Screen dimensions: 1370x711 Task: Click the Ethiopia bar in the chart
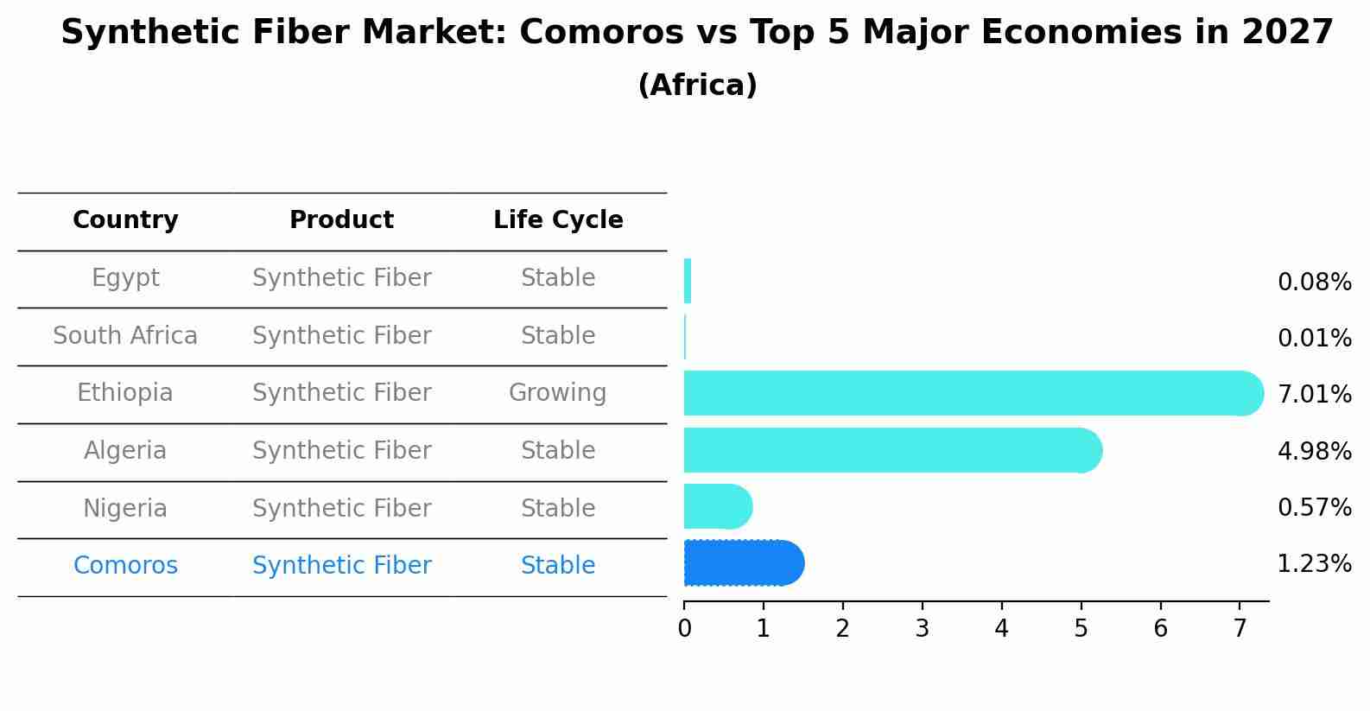[x=974, y=393]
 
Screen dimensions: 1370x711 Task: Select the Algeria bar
[x=893, y=450]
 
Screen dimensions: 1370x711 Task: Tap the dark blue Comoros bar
[x=744, y=563]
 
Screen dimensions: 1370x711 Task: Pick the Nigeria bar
[x=718, y=506]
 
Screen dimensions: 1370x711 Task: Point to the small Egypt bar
[x=688, y=281]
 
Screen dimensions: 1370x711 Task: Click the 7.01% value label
[x=1315, y=394]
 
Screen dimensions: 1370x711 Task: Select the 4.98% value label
[x=1315, y=452]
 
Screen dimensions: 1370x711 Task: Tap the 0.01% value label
[x=1315, y=339]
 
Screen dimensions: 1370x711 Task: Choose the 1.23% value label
[x=1315, y=564]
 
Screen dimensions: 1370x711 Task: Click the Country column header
[x=125, y=219]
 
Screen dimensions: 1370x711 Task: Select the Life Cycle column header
[x=558, y=219]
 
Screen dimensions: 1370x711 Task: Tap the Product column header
[x=342, y=219]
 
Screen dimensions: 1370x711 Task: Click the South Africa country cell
[x=125, y=335]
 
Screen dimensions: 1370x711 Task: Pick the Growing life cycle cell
[x=558, y=393]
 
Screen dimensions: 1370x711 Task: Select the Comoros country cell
[x=125, y=565]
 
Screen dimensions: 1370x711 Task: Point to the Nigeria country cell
[x=125, y=509]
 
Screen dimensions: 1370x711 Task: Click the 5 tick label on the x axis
[x=1081, y=628]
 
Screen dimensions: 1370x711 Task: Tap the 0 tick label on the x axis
[x=684, y=628]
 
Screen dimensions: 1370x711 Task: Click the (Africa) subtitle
[x=697, y=85]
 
